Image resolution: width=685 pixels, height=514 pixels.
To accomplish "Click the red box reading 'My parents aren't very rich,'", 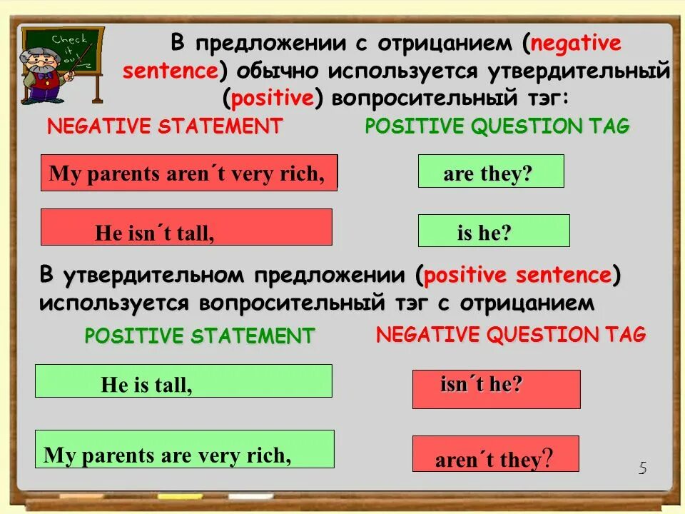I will (188, 173).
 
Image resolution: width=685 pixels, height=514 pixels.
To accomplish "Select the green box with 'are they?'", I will (490, 172).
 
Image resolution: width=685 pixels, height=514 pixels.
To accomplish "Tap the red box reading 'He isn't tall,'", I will (186, 227).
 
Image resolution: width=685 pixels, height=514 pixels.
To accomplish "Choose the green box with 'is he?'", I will (493, 231).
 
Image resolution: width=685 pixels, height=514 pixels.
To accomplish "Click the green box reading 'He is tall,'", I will (183, 381).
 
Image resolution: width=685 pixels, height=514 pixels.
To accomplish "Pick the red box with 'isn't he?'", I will (496, 389).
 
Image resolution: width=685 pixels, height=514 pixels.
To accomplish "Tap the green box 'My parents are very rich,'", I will (184, 449).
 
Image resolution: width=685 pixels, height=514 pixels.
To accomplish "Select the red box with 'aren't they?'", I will (495, 455).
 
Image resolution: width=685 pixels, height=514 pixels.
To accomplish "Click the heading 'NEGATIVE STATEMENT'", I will (165, 127).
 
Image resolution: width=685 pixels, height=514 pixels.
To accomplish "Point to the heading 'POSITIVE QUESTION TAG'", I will (497, 126).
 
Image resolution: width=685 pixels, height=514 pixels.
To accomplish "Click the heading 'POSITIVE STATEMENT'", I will (199, 336).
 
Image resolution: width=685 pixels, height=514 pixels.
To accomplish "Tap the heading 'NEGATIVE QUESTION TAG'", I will (511, 334).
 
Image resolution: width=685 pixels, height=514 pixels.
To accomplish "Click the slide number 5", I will (642, 468).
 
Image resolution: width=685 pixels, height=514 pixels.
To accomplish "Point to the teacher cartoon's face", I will (42, 61).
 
